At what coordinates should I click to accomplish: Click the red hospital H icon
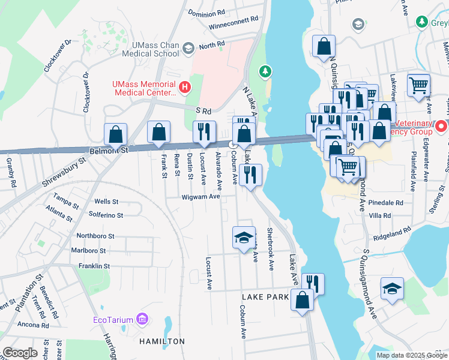tap(185, 88)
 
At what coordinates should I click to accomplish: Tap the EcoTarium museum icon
tap(142, 319)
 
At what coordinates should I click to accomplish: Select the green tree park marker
tap(264, 72)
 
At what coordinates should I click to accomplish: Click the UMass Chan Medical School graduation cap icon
tap(188, 48)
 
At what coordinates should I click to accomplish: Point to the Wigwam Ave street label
tap(201, 196)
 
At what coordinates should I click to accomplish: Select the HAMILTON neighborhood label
tap(162, 341)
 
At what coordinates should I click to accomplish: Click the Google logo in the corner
tap(20, 353)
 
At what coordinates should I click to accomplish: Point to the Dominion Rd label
tap(206, 12)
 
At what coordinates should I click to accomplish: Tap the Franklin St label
tap(94, 266)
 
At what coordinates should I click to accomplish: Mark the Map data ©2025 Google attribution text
tap(411, 355)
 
